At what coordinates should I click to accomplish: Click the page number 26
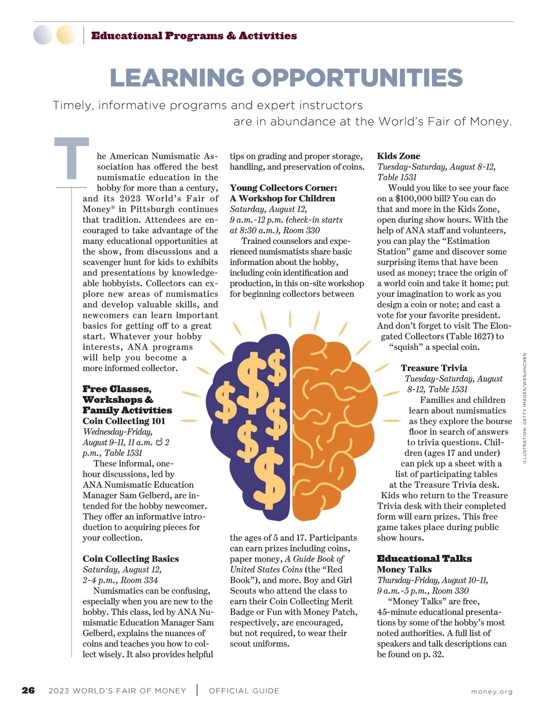click(28, 691)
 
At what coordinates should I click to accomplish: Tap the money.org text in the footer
click(492, 692)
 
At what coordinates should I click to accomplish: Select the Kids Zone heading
click(398, 156)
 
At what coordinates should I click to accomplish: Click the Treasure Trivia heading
click(434, 368)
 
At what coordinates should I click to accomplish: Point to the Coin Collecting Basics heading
click(131, 559)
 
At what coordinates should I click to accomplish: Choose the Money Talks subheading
click(404, 569)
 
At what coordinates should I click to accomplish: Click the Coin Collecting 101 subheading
click(124, 421)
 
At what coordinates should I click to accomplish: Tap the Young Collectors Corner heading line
click(283, 188)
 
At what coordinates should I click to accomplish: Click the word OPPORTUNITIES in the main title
click(357, 78)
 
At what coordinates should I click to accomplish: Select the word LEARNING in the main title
click(177, 78)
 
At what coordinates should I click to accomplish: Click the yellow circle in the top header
click(66, 35)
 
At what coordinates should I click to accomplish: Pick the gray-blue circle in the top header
click(43, 35)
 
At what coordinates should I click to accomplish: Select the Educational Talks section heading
click(424, 559)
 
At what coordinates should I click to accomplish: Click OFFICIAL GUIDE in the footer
click(244, 691)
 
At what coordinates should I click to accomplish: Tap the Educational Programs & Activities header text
click(194, 36)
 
